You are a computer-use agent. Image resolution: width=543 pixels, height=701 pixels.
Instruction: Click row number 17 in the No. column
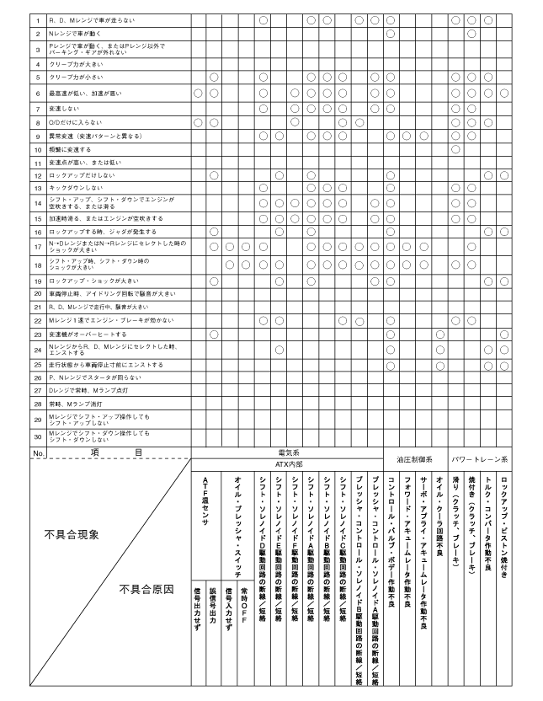38,246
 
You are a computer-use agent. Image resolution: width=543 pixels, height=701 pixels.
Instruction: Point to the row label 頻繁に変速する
69,149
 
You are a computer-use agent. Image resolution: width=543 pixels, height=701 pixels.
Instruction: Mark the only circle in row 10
455,149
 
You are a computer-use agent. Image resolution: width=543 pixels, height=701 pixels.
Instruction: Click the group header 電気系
287,453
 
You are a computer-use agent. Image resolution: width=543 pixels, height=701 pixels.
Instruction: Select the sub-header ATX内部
287,463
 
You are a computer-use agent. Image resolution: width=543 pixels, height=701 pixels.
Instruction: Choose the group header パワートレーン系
479,459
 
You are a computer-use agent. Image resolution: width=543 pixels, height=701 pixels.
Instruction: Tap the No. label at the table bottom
38,452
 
